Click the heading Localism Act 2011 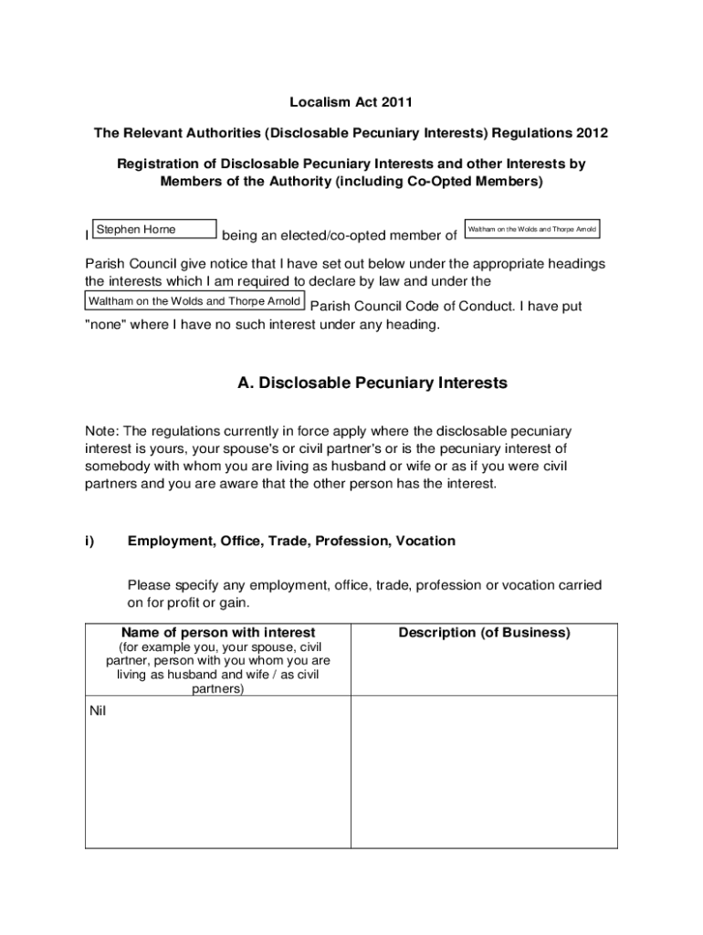point(351,102)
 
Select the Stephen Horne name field point(154,229)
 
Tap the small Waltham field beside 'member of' point(532,229)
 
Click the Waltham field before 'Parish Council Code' point(194,301)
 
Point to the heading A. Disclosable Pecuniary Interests point(372,383)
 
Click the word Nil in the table point(99,711)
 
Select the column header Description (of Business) point(484,633)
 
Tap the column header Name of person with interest point(218,633)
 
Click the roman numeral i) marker point(89,541)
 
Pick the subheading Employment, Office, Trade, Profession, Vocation point(291,541)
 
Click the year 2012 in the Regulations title point(591,133)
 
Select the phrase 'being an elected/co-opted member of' point(340,236)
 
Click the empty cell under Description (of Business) point(484,772)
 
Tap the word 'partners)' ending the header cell point(218,689)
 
